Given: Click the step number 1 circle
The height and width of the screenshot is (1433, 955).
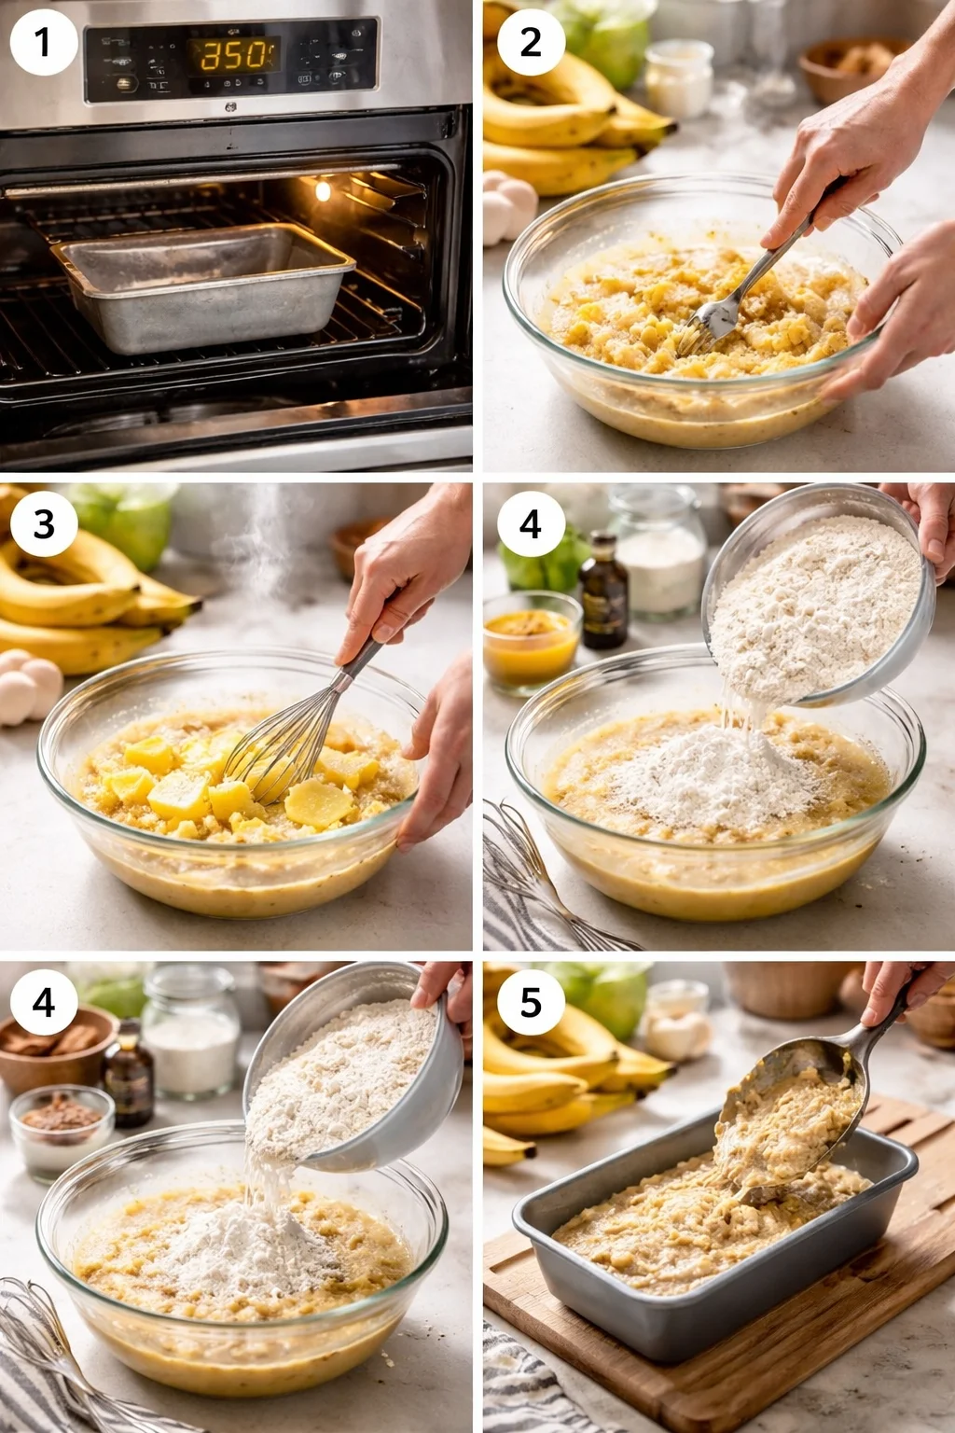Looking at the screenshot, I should pyautogui.click(x=42, y=42).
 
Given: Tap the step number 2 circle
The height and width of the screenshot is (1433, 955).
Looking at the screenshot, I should pyautogui.click(x=530, y=42).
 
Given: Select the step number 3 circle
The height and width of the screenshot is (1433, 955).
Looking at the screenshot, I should pyautogui.click(x=44, y=524).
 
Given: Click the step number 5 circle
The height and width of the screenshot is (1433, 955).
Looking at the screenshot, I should pyautogui.click(x=530, y=1003).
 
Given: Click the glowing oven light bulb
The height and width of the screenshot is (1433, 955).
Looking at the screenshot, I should pyautogui.click(x=323, y=191).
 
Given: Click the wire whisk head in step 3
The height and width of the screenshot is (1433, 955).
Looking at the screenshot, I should pyautogui.click(x=280, y=746).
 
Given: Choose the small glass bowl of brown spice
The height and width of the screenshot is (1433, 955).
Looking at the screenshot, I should pyautogui.click(x=62, y=1129).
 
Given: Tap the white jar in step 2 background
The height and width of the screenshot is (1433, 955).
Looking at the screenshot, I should pyautogui.click(x=678, y=79).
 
